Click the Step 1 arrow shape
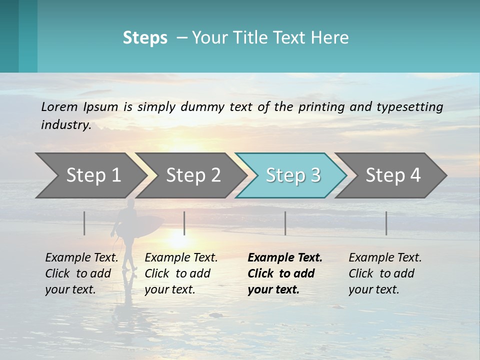click(90, 175)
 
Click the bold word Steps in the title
click(145, 38)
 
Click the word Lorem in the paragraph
click(59, 106)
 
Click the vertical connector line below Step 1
click(84, 223)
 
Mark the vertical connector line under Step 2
click(184, 223)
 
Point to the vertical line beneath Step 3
click(285, 223)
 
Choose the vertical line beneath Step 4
click(386, 223)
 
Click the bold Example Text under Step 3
click(284, 258)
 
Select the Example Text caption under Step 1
click(81, 258)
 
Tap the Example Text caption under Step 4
click(385, 258)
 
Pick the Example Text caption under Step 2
click(181, 258)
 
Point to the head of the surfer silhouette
click(130, 204)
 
